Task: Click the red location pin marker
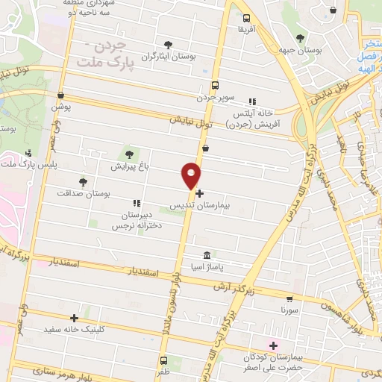(191, 175)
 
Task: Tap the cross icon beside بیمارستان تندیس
(199, 193)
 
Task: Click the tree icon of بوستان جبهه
(300, 38)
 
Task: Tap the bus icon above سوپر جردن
(216, 85)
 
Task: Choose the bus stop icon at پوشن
(60, 95)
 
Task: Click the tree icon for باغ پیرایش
(131, 154)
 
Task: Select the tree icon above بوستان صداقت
(83, 181)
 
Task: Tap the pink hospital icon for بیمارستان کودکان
(273, 345)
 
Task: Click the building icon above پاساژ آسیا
(207, 255)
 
